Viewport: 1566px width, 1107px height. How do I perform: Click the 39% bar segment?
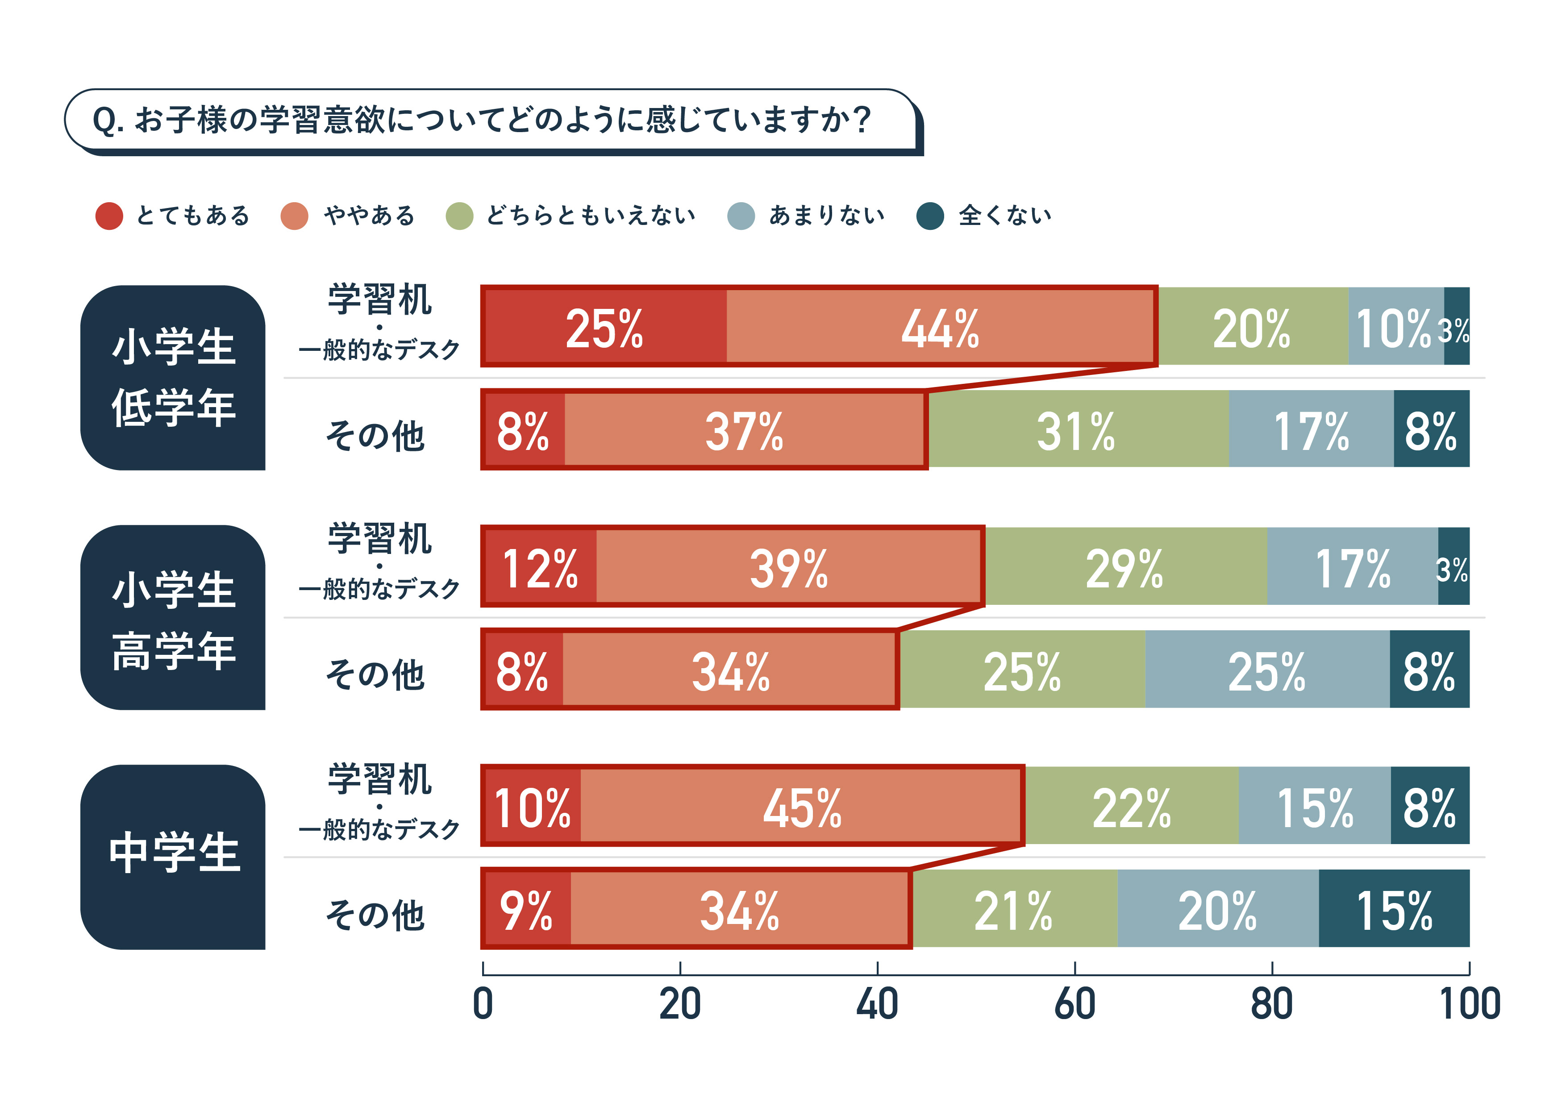point(789,567)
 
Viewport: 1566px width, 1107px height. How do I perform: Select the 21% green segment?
point(1014,909)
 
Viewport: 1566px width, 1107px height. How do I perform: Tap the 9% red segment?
point(527,909)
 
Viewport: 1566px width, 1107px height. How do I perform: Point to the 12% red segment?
point(540,567)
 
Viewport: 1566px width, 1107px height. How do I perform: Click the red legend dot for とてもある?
point(109,216)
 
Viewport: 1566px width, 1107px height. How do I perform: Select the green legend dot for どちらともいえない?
point(459,216)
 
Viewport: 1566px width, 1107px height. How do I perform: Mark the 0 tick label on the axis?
point(483,1004)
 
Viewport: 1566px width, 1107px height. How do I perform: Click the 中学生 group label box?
point(173,856)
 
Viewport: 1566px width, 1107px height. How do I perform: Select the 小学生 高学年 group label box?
point(173,617)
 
